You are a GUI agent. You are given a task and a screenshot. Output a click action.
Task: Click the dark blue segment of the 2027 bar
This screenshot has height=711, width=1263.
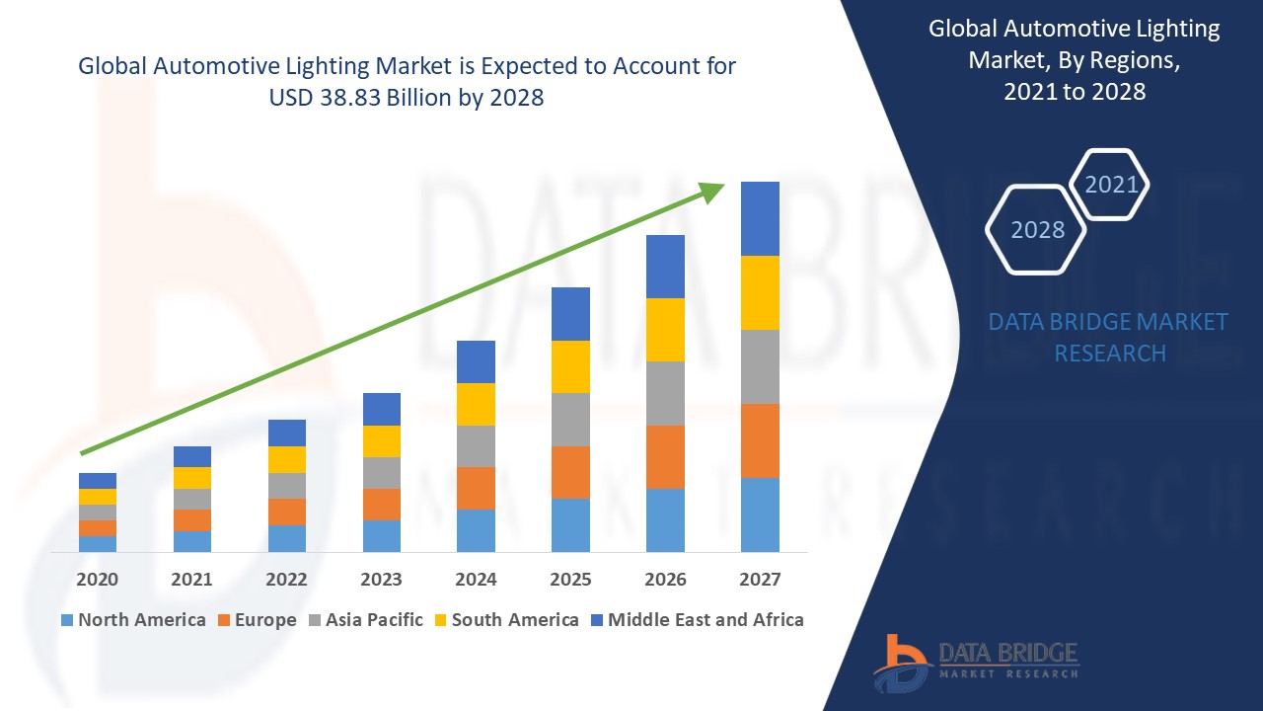760,218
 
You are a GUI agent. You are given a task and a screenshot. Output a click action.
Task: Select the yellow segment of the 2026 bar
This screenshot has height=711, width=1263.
665,329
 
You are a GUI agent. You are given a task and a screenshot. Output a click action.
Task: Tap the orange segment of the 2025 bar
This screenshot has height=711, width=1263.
570,472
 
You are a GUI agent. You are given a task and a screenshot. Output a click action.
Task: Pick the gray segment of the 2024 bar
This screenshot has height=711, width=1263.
476,445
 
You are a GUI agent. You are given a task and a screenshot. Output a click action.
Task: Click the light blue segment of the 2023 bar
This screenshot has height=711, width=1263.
382,535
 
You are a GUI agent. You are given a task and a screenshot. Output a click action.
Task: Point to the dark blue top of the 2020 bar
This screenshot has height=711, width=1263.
98,480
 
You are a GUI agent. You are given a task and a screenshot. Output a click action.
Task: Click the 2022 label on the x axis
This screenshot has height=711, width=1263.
286,580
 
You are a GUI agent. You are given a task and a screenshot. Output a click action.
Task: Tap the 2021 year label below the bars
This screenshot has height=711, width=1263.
191,580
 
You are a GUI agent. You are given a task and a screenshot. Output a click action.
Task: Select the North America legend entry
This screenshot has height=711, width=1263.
133,620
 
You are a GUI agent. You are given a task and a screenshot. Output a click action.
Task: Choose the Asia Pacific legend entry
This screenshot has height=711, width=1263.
364,620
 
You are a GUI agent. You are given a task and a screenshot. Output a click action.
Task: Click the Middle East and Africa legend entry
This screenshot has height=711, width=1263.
697,620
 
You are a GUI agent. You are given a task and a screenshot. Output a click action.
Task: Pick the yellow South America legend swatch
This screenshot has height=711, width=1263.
439,620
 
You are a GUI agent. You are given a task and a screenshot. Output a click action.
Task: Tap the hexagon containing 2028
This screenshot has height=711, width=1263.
1036,229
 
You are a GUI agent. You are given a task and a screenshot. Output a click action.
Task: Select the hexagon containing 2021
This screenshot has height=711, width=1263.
1111,185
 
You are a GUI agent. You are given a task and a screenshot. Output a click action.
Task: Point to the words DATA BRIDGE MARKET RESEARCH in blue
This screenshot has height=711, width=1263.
1108,337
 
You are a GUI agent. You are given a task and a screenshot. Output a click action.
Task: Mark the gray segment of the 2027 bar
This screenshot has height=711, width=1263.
760,366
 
